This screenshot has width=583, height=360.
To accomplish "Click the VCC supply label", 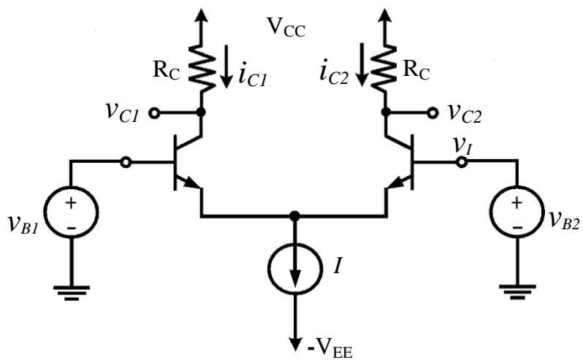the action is click(286, 28).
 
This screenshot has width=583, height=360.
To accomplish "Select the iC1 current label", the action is click(253, 77).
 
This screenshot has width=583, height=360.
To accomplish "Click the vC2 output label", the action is click(465, 112).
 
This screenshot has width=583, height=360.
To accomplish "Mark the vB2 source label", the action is click(564, 219).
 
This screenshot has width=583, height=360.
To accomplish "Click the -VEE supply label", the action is click(329, 349).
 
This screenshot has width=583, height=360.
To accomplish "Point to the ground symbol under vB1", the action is click(72, 293).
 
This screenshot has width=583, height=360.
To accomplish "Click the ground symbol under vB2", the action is click(517, 292).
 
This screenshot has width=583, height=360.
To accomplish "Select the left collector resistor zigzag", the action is click(202, 68).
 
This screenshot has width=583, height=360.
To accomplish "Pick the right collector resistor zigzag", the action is click(384, 68).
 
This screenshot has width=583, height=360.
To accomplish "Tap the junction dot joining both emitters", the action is click(294, 215).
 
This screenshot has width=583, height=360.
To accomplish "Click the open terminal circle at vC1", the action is click(154, 113).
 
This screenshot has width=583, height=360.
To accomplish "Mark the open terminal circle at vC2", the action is click(433, 113).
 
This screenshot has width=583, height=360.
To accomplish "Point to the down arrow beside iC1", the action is click(226, 66).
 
